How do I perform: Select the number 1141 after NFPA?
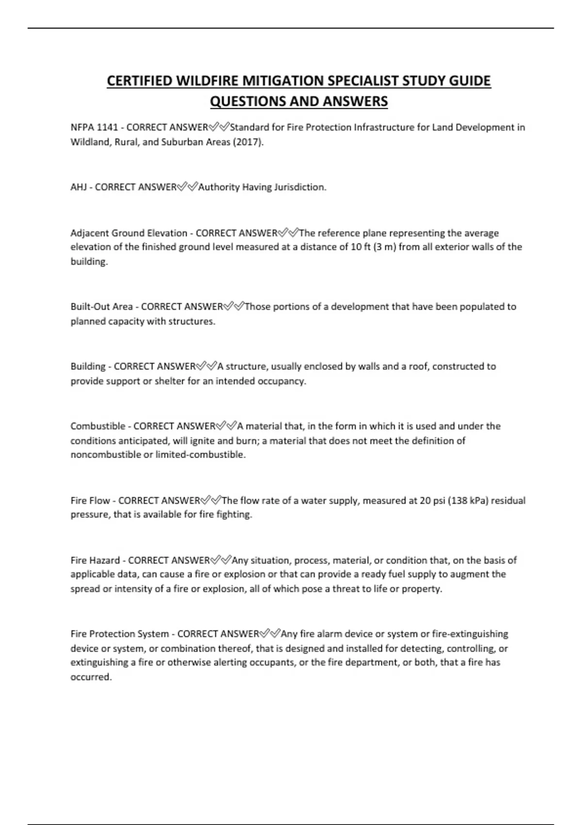click(x=107, y=128)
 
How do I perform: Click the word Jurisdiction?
click(x=301, y=187)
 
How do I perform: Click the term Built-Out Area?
click(x=101, y=307)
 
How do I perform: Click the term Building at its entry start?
click(x=88, y=366)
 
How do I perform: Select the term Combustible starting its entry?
click(x=97, y=426)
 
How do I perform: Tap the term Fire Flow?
click(x=90, y=501)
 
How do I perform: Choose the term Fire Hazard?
click(x=95, y=561)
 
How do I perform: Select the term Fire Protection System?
click(x=120, y=634)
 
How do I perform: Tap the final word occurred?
click(x=91, y=677)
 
